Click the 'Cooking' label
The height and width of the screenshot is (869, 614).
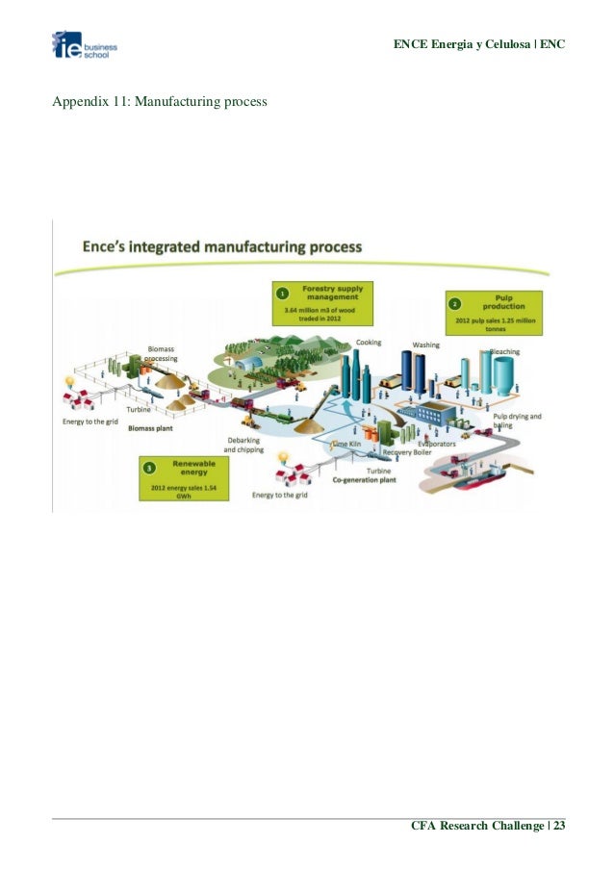click(x=369, y=343)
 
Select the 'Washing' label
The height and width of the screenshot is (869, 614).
click(x=426, y=345)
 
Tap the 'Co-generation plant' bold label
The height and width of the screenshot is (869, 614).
click(x=365, y=478)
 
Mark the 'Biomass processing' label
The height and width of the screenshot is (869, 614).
click(x=161, y=353)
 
